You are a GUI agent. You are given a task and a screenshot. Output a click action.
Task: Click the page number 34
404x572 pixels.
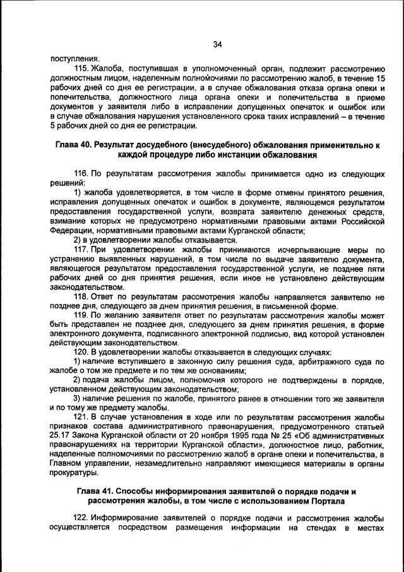(x=217, y=44)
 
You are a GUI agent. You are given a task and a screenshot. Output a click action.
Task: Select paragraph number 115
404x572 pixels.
(x=81, y=68)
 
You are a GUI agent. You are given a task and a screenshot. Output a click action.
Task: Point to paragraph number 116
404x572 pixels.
(x=81, y=173)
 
